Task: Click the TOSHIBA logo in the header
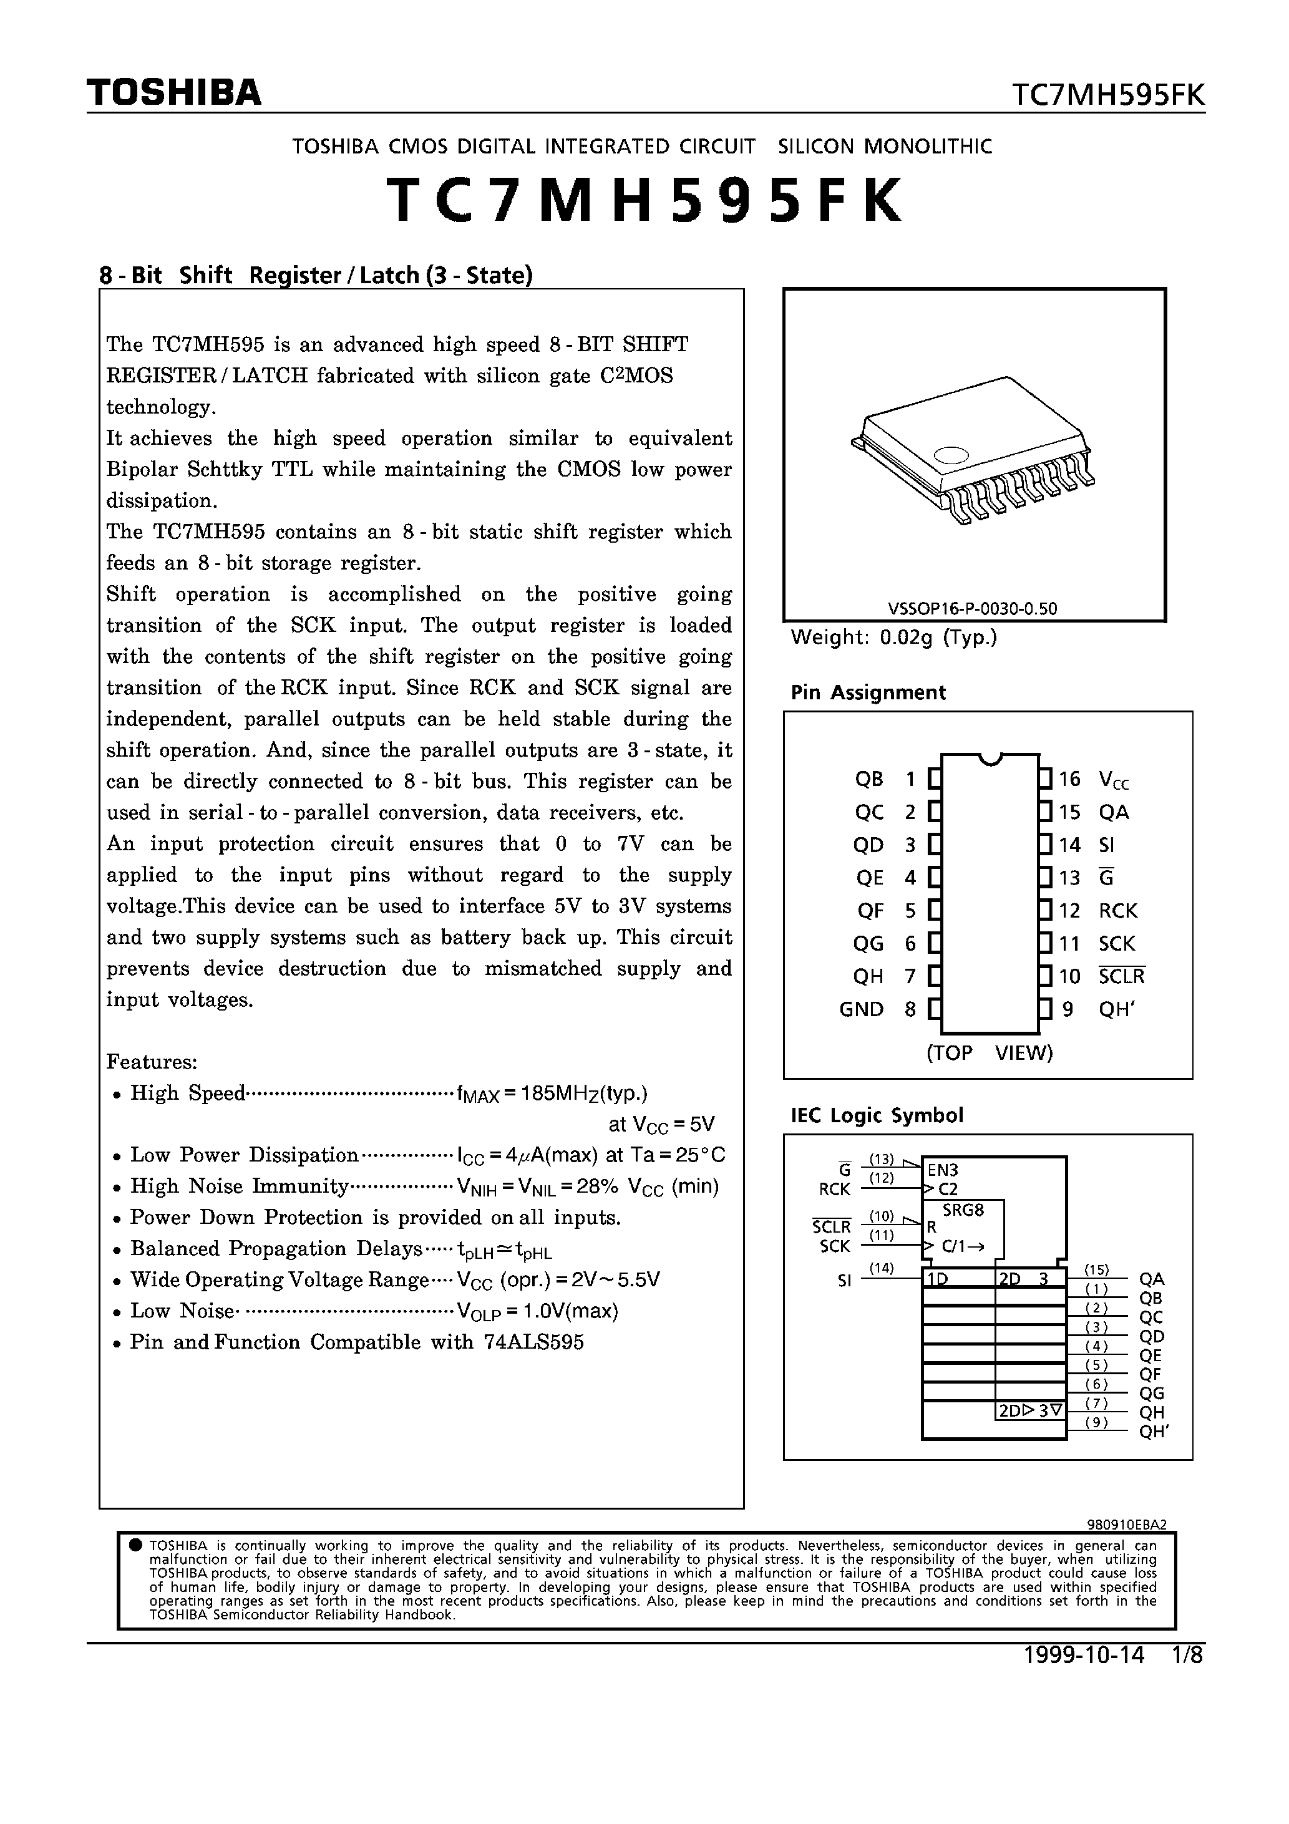173,93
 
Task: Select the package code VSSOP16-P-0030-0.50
972,609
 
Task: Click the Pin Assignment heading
868,693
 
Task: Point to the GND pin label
862,1010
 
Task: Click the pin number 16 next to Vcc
1069,779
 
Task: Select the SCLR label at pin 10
1121,976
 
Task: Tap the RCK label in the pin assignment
1118,911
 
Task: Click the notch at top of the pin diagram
990,759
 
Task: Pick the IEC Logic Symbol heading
877,1115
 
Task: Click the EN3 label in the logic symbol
943,1170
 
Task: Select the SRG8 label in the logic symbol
963,1211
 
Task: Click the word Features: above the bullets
152,1062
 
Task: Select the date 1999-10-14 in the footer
1084,1656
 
